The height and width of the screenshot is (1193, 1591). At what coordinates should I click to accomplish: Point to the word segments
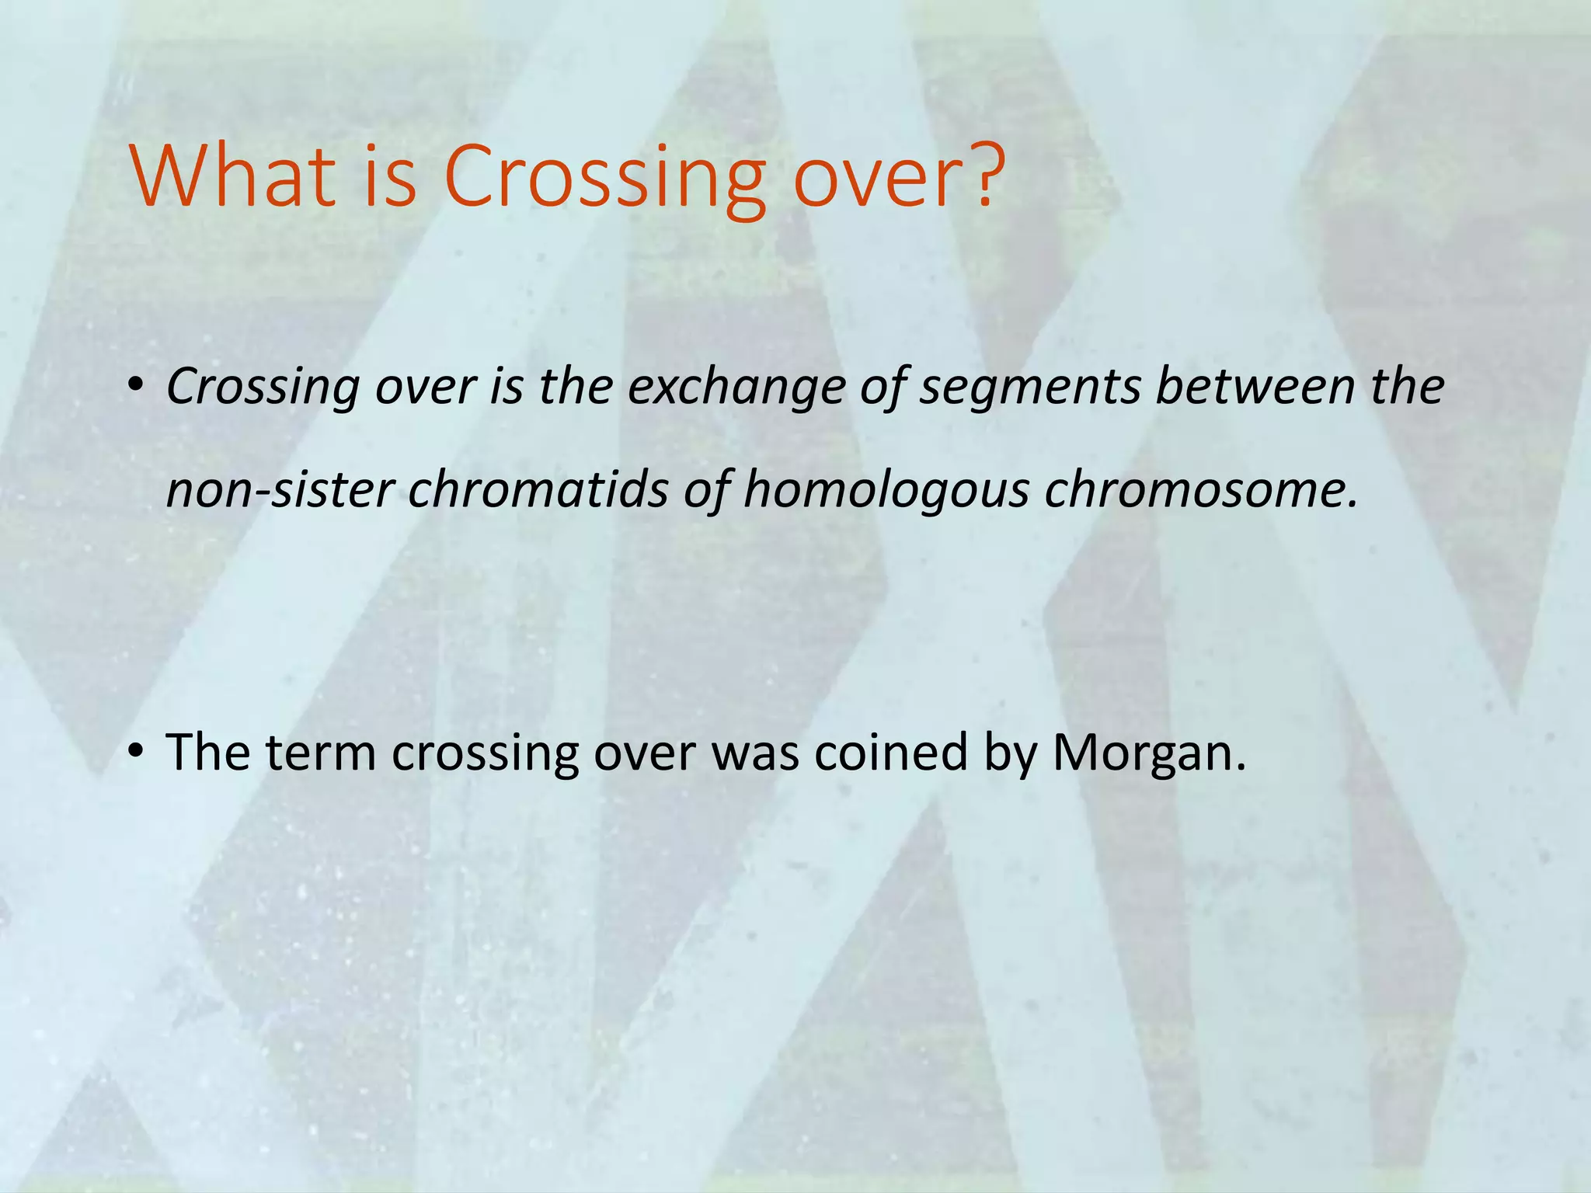(1029, 388)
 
